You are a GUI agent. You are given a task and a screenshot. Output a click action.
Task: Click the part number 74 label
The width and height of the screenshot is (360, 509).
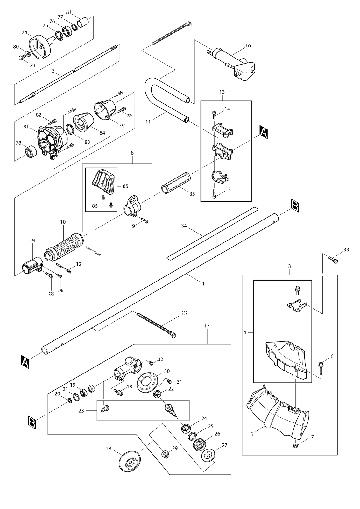25,32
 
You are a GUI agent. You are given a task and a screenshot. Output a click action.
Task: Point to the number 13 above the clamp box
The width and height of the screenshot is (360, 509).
222,92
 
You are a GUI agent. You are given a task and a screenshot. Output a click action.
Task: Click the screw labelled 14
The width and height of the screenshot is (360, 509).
214,115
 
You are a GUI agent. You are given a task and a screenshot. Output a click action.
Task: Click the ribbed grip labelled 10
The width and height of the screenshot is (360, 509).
64,247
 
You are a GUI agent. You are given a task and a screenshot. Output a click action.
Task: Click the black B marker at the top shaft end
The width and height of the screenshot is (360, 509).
295,206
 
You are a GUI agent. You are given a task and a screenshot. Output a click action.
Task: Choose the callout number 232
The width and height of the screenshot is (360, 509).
184,313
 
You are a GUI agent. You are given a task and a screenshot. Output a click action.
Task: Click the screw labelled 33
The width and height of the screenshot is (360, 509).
333,259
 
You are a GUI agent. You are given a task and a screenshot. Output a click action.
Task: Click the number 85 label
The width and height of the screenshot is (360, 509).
125,186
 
